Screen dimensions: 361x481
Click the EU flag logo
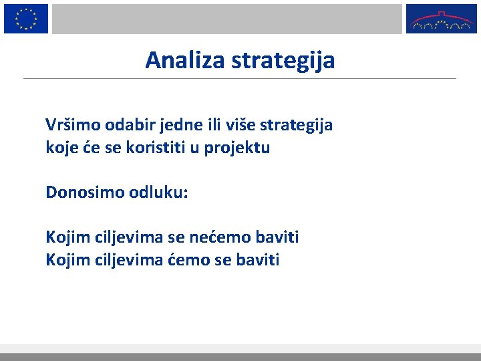(x=26, y=18)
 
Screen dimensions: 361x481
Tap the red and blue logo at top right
(x=442, y=18)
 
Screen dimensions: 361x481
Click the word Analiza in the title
(x=186, y=61)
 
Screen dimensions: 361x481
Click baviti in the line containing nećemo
(x=279, y=237)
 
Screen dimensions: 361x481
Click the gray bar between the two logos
(x=227, y=18)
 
